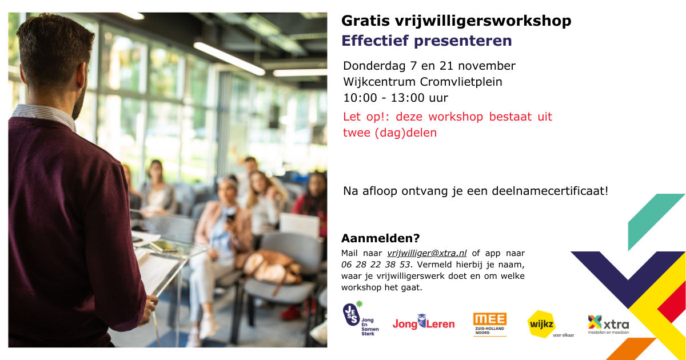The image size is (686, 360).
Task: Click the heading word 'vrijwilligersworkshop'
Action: coord(483,21)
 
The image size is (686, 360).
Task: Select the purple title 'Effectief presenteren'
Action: coord(426,41)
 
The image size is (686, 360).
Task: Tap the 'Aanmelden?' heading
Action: coord(380,238)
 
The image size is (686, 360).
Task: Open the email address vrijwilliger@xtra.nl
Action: coord(426,253)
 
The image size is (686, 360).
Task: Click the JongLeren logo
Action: coord(423,323)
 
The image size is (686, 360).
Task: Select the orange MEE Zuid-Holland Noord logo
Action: coord(490,323)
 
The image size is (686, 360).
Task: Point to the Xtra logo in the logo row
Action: coord(608,324)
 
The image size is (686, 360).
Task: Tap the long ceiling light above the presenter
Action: coord(229,58)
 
